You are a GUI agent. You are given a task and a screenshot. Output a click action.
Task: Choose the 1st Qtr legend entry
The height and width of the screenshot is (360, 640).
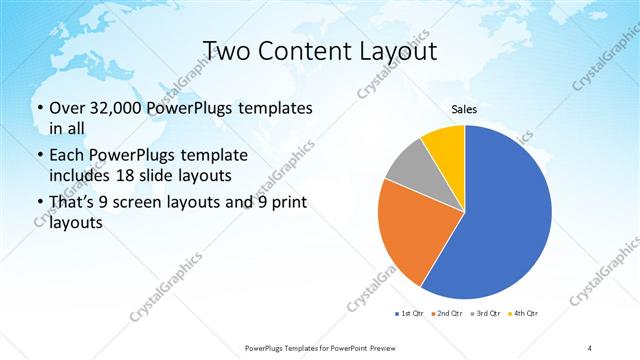[410, 314]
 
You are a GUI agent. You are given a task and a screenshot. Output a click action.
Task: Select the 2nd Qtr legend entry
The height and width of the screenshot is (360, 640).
[447, 314]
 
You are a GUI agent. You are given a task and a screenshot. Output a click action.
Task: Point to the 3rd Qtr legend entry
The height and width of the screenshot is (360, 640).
[485, 314]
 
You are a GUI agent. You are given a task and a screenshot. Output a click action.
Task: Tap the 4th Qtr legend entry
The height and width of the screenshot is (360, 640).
[523, 314]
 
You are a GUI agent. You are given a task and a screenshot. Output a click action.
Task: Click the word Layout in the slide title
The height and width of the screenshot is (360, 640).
[393, 50]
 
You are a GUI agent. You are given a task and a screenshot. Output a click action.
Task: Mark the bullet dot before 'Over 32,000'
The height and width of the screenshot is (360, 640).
[38, 108]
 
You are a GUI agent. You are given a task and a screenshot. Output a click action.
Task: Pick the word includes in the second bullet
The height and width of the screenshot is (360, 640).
[81, 176]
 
